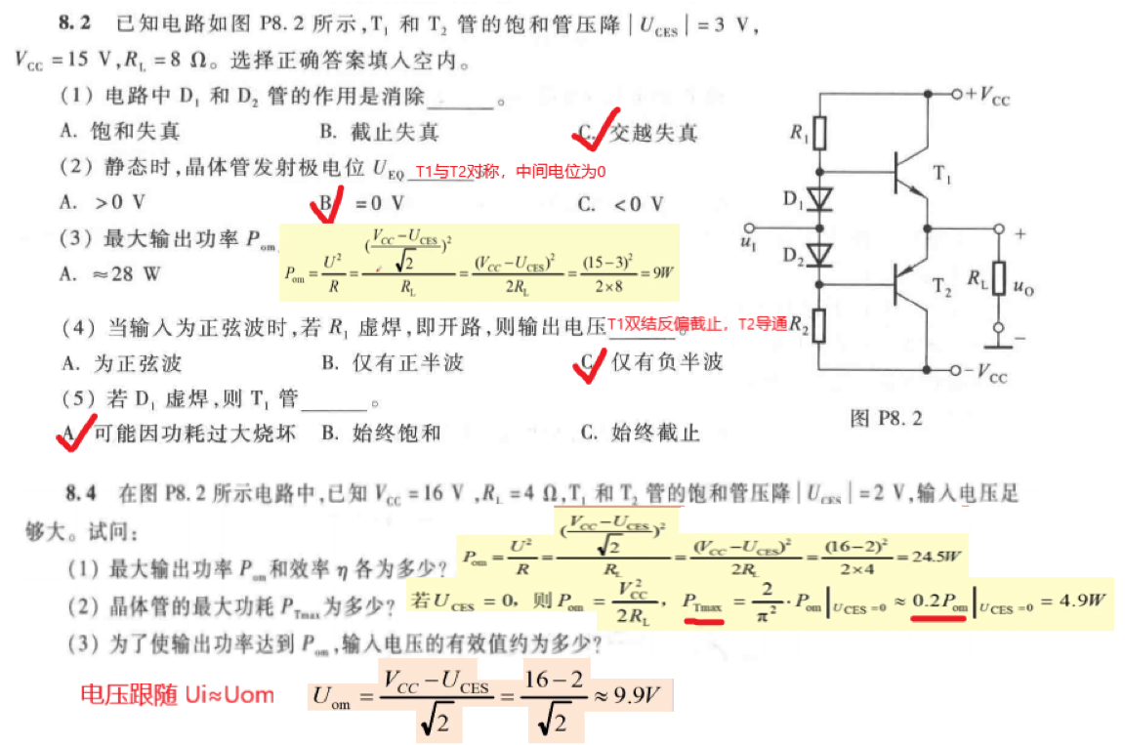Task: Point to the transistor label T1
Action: [x=943, y=175]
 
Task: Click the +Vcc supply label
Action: [x=987, y=95]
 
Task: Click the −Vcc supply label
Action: [x=987, y=372]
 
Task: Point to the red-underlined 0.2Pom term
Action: [x=942, y=600]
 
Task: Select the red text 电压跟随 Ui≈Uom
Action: [x=177, y=694]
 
